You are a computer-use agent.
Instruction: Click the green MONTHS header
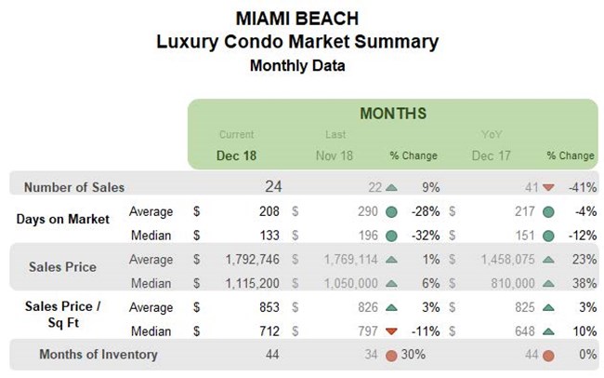tap(393, 114)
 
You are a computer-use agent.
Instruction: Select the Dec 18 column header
tap(236, 155)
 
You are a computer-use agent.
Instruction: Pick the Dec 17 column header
tap(490, 155)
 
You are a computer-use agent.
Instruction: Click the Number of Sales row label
tap(74, 187)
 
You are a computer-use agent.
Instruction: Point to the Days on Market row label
tap(62, 220)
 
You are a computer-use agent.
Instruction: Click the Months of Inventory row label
tap(98, 354)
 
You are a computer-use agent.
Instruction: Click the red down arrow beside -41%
tap(548, 187)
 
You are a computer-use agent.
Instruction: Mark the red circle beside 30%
tap(391, 355)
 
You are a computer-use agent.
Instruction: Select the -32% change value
tap(423, 233)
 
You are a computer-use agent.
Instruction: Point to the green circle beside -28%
tap(391, 211)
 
